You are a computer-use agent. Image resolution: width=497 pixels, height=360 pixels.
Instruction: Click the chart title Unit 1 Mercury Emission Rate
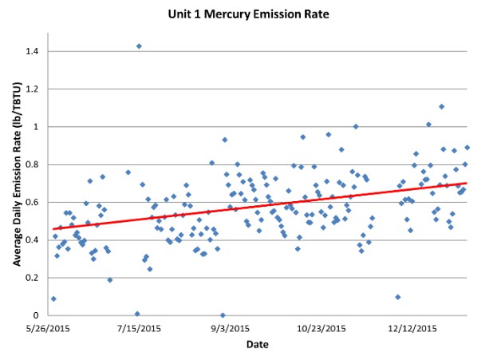[248, 14]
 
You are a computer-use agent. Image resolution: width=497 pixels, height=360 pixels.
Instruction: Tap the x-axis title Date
[256, 346]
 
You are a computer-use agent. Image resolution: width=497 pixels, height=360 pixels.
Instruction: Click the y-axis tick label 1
[37, 127]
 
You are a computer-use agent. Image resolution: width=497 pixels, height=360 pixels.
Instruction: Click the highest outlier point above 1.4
[139, 46]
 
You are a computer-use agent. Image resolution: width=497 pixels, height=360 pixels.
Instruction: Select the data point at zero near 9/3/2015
[223, 315]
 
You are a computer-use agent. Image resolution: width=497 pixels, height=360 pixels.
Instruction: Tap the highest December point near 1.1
[441, 106]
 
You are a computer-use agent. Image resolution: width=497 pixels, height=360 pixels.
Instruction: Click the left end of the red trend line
[53, 229]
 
